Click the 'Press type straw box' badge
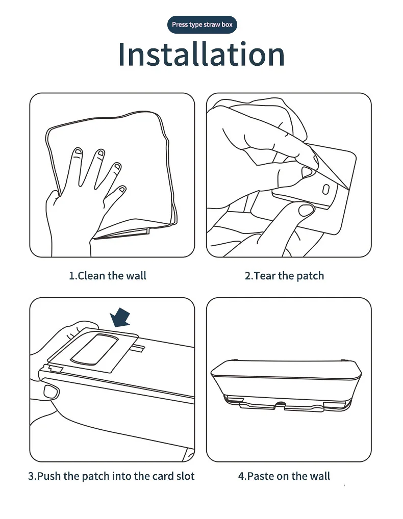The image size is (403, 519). click(202, 24)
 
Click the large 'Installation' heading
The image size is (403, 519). click(202, 54)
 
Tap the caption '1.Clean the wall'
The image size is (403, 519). click(108, 276)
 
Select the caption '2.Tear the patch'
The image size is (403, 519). click(285, 276)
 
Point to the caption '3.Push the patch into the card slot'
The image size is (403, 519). click(111, 476)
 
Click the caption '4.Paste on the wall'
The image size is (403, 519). click(284, 476)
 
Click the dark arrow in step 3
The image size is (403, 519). click(120, 317)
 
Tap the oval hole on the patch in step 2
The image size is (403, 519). click(326, 189)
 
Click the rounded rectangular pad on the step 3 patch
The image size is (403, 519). click(94, 349)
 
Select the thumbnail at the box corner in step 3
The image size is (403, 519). click(51, 392)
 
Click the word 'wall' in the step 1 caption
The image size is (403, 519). click(137, 276)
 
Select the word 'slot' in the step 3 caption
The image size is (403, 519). click(186, 476)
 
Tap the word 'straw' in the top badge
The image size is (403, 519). click(212, 24)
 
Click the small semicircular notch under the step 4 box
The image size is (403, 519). click(281, 404)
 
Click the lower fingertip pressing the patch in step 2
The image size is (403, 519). click(306, 210)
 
